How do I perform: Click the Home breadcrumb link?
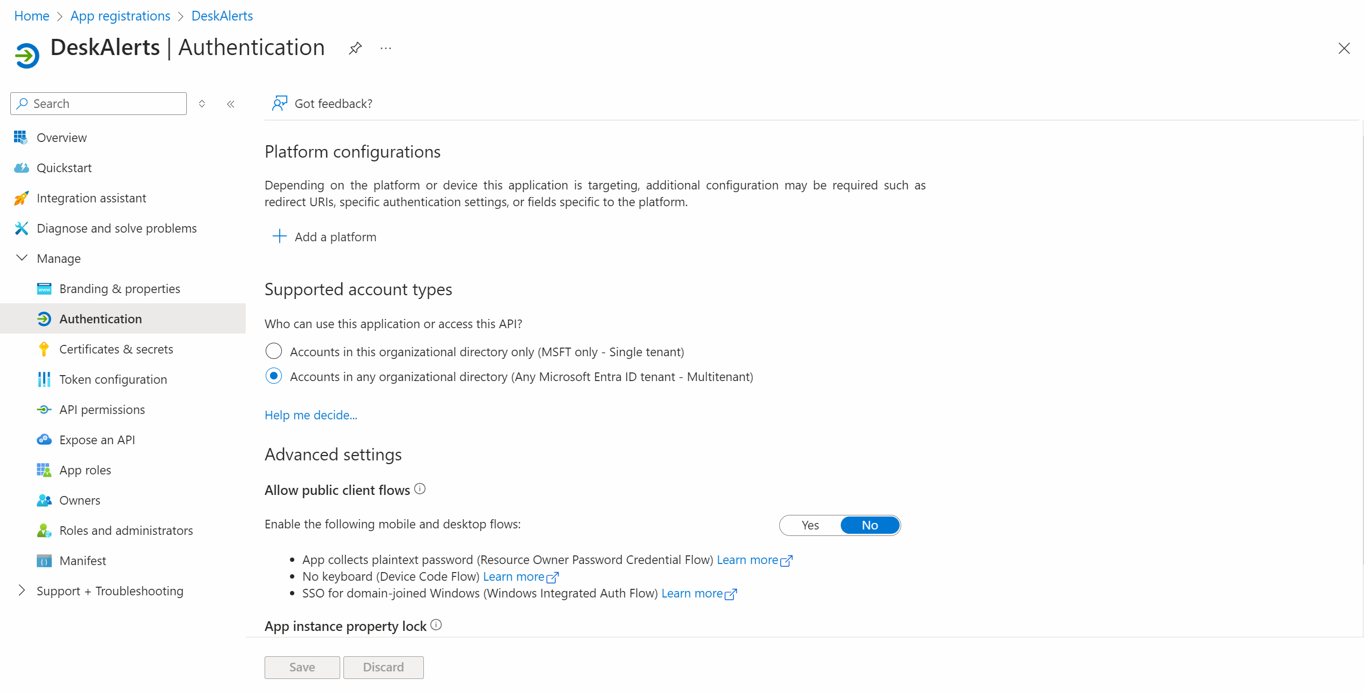click(x=31, y=16)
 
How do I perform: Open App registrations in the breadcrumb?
click(x=120, y=16)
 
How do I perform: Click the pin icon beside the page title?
click(x=355, y=49)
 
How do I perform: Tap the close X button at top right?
click(x=1344, y=49)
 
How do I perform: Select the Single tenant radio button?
click(x=274, y=351)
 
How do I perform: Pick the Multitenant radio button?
click(x=274, y=376)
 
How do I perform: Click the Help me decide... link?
click(x=310, y=415)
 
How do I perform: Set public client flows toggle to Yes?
click(x=810, y=525)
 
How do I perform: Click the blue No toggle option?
click(x=869, y=525)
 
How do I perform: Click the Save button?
click(x=302, y=667)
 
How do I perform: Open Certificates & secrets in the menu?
click(x=116, y=349)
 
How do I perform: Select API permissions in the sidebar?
click(x=102, y=410)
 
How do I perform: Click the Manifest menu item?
click(x=83, y=561)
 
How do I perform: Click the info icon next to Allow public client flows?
click(x=420, y=489)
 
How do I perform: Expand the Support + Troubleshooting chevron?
click(x=22, y=590)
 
